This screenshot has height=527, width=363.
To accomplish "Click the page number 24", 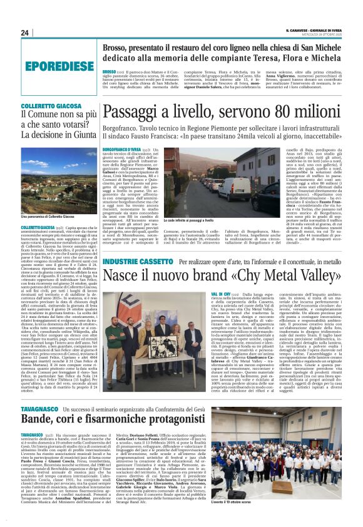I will [26, 33].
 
